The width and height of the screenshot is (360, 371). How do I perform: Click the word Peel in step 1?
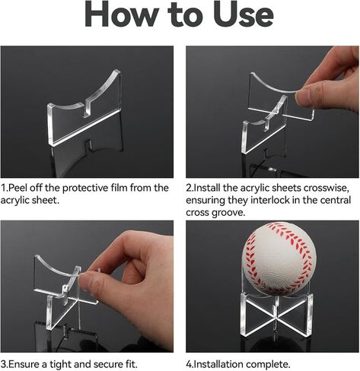coord(19,188)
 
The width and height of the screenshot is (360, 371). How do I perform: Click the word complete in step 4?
coord(268,364)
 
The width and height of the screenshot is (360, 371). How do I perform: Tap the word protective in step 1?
coord(85,188)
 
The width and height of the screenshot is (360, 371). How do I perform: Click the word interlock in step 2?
coord(270,200)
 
